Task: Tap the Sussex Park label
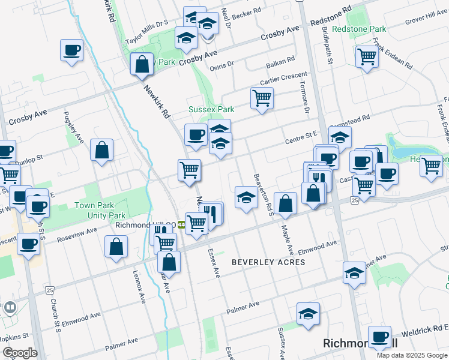[211, 110]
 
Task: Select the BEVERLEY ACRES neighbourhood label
[268, 262]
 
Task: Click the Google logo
[19, 352]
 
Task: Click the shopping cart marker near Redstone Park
[366, 58]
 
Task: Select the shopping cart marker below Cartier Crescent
[262, 98]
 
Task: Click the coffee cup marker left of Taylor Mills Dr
[71, 50]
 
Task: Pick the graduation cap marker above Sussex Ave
[308, 314]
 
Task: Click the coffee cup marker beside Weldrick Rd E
[379, 337]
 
